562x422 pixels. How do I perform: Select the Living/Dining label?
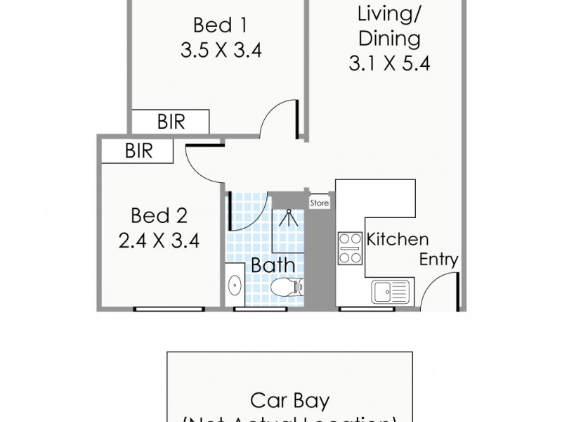[388, 25]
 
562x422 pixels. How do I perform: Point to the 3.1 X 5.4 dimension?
[388, 64]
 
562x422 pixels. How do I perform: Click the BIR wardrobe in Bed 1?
[171, 122]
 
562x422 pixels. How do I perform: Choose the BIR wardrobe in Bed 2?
[138, 151]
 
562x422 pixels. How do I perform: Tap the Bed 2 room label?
[159, 215]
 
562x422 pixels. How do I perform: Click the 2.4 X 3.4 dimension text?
[159, 241]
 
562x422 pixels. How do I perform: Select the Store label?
[320, 203]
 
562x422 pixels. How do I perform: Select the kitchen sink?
[390, 290]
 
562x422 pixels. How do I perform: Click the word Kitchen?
[397, 239]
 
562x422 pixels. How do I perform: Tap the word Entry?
[439, 260]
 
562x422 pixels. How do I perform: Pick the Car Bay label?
[289, 402]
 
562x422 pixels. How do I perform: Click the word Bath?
[273, 266]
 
